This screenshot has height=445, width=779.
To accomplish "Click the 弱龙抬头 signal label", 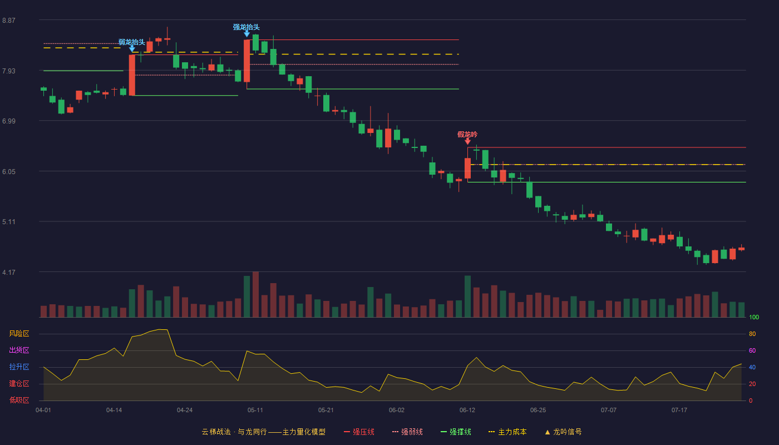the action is click(x=131, y=42).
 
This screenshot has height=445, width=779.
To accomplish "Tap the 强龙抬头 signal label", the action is click(x=246, y=27).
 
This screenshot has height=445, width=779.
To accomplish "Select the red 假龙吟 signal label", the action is click(x=467, y=135).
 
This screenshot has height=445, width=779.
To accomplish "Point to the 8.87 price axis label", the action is click(x=9, y=21).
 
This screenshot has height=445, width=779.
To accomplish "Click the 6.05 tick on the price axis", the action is click(x=9, y=172).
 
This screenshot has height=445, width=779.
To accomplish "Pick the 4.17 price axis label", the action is click(x=9, y=273).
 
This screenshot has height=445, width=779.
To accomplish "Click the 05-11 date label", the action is click(x=255, y=411).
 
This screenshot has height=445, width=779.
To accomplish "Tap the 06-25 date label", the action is click(x=538, y=411).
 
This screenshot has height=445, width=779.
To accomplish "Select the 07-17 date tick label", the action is click(x=679, y=411).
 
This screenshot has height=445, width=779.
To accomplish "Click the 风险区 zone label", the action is click(x=19, y=334).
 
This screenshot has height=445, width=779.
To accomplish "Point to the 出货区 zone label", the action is click(x=19, y=350).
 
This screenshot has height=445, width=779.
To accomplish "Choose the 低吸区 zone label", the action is click(x=19, y=400).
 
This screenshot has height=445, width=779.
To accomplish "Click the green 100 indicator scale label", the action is click(x=754, y=318).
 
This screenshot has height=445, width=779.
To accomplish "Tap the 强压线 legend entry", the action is click(x=359, y=432).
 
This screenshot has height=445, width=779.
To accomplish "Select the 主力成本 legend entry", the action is click(x=507, y=432).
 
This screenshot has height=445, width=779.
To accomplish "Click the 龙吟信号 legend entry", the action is click(x=563, y=432).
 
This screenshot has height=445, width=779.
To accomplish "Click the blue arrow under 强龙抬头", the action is click(x=246, y=34).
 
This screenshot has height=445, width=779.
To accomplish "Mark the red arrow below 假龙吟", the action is click(x=468, y=141).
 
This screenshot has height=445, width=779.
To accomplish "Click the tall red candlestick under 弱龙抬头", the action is click(x=132, y=75).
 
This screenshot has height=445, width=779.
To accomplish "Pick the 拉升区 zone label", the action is click(x=19, y=367).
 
